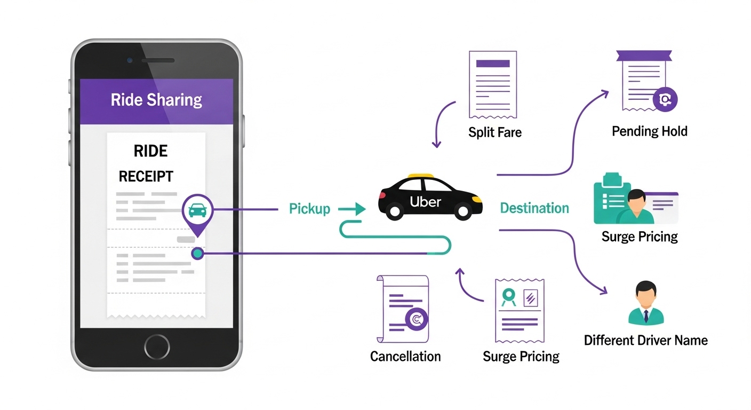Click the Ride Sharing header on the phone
pos(156,100)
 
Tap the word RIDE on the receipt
pos(150,151)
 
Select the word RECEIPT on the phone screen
pos(146,176)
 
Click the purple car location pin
pos(197,211)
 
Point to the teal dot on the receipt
pos(197,254)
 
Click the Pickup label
pos(309,209)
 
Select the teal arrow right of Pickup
pos(351,209)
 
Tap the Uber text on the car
pos(425,202)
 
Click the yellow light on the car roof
pos(420,175)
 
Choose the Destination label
pos(534,208)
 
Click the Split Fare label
pos(494,132)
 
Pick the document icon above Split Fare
pos(492,84)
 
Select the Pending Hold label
pos(649,131)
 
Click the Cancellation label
pos(405,356)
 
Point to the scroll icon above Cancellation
pos(403,309)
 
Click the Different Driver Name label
pos(645,340)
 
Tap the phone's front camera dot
pos(130,60)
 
